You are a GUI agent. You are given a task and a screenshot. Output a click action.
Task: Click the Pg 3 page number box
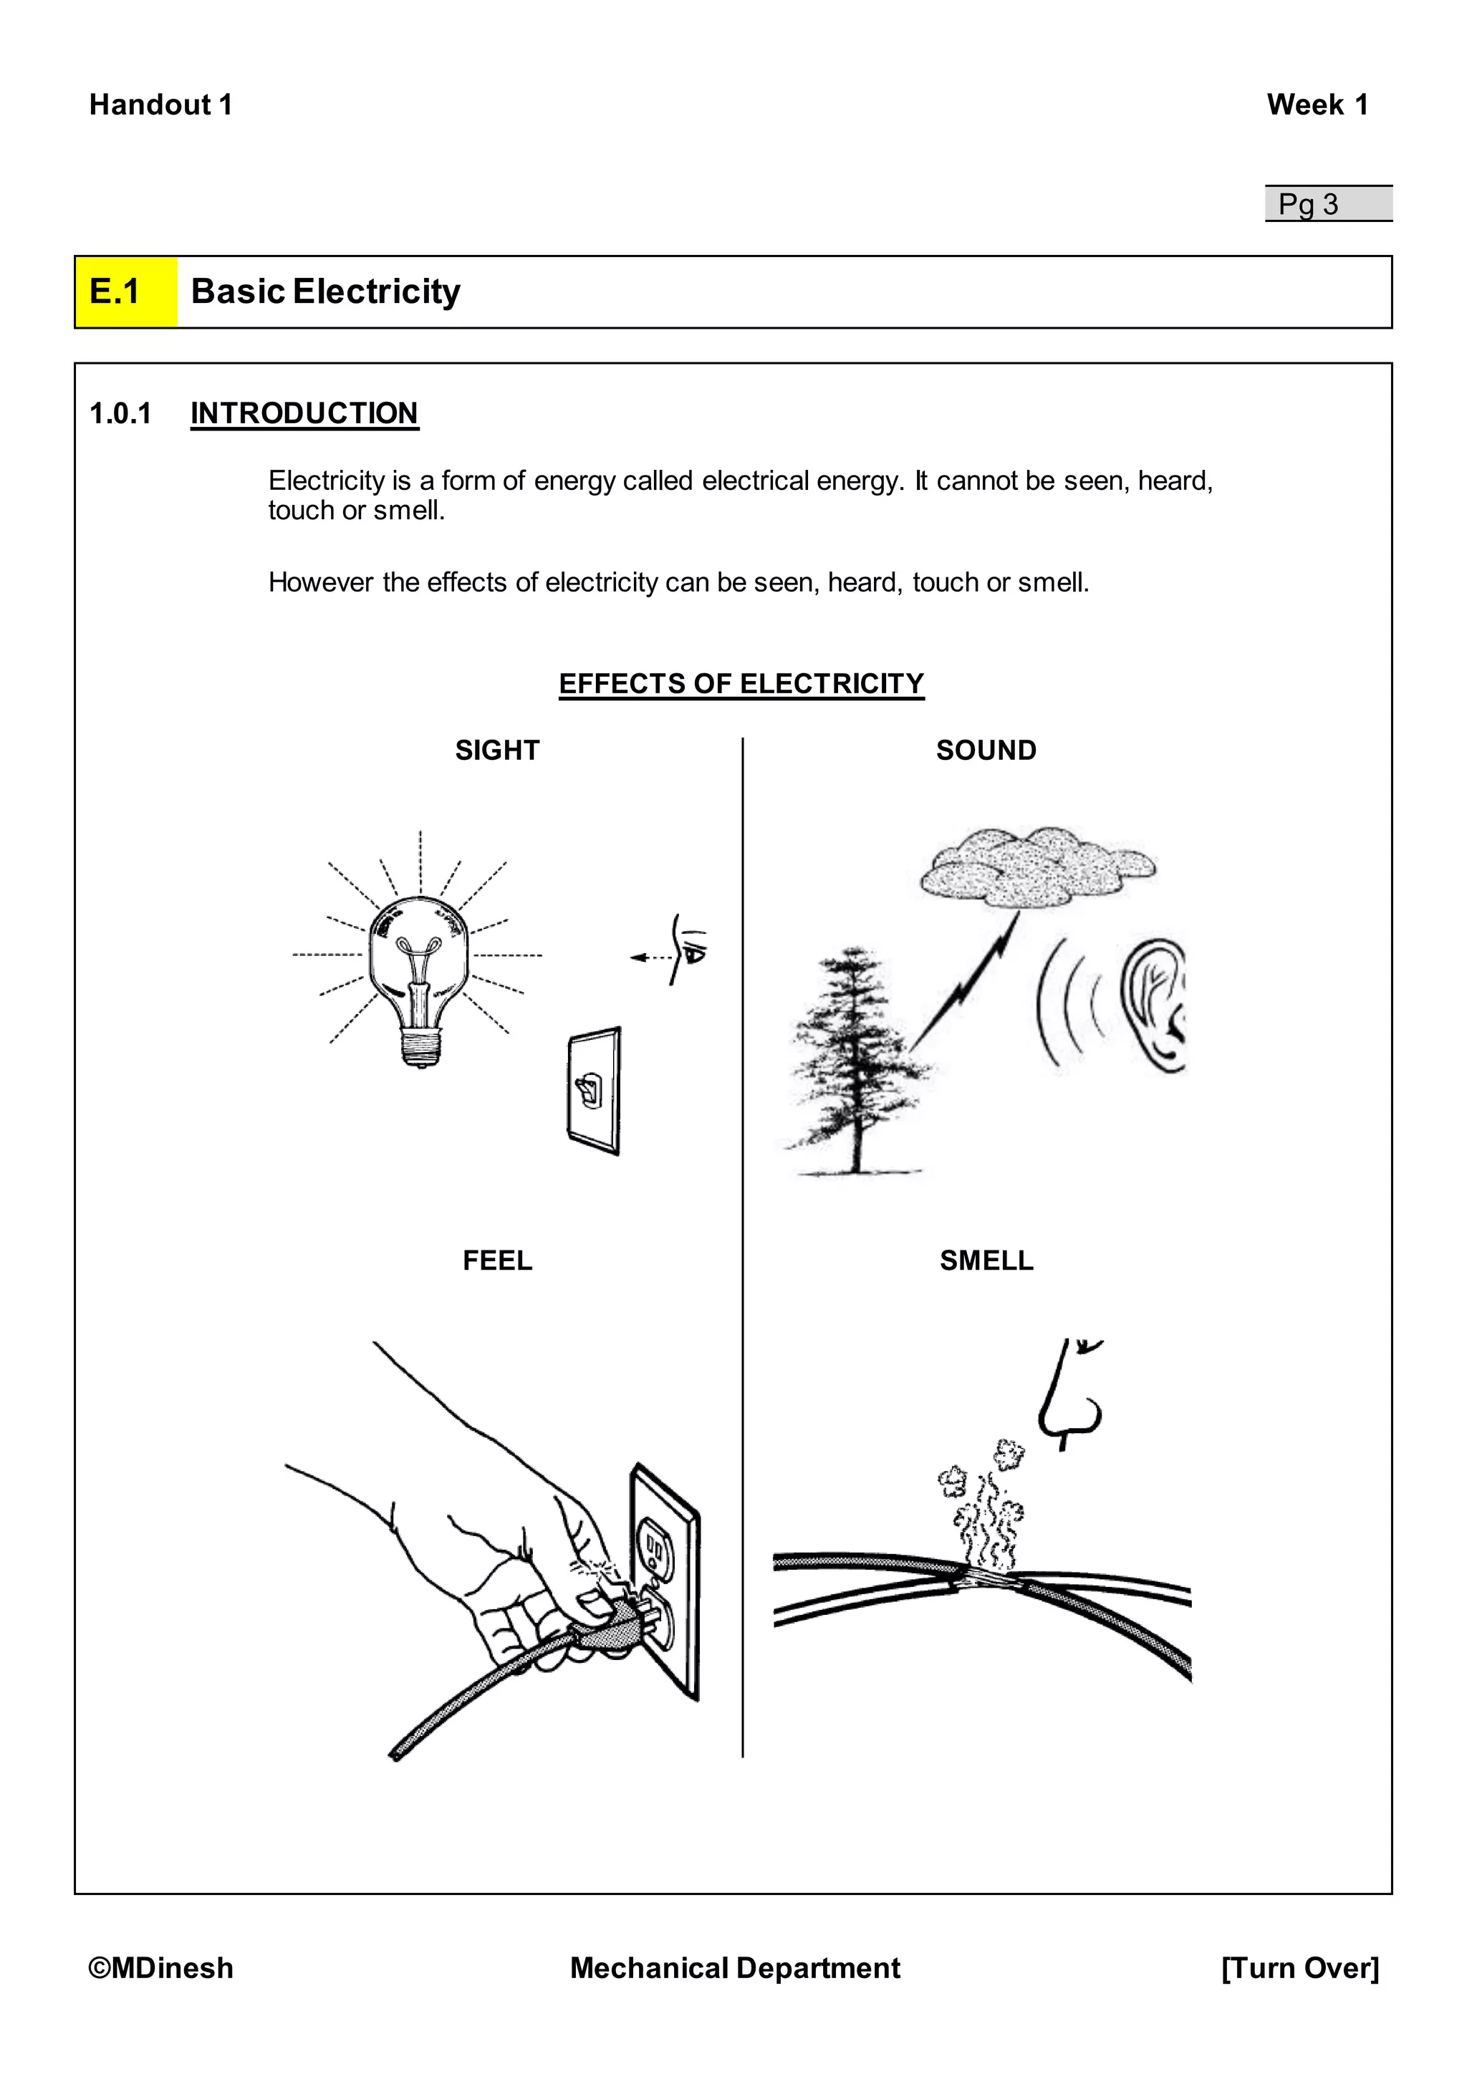tap(1327, 204)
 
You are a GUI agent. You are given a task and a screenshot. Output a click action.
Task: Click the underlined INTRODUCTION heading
tap(304, 414)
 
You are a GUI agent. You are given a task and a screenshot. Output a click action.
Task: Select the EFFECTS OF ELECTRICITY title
tap(741, 684)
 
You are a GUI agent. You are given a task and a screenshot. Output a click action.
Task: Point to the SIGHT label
tap(497, 751)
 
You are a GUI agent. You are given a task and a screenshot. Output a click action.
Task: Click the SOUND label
tap(986, 751)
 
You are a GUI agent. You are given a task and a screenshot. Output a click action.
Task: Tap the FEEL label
tap(497, 1261)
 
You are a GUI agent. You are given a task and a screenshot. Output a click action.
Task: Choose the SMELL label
tap(986, 1261)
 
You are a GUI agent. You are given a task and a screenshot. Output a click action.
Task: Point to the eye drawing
tap(689, 950)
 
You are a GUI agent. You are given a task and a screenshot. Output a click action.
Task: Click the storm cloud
tap(1037, 865)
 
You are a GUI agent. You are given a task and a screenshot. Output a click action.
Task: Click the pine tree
tap(854, 1066)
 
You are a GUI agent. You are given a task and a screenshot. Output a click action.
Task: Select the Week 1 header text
tap(1316, 105)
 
